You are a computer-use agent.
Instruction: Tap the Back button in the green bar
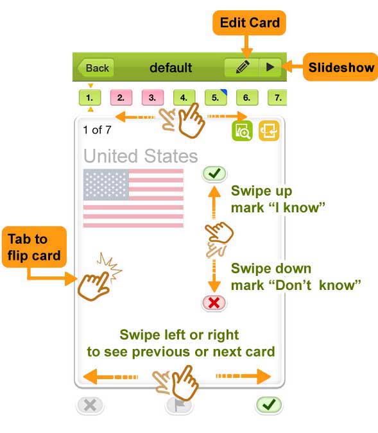tap(96, 67)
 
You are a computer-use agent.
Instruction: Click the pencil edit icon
tap(243, 67)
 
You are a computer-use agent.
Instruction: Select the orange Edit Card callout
tap(249, 22)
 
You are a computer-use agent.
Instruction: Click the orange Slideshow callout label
tap(341, 67)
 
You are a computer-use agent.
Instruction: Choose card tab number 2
tap(121, 98)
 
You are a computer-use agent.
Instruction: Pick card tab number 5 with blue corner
tap(216, 98)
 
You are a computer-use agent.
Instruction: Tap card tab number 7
tap(277, 98)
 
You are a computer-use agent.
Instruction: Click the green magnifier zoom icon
tap(243, 131)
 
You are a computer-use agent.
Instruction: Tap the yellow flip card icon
tap(269, 131)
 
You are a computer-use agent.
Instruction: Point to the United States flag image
tap(133, 198)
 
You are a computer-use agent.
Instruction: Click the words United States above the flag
tap(141, 156)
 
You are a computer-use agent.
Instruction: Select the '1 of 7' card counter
tap(97, 130)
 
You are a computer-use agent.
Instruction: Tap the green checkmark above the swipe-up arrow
tap(214, 174)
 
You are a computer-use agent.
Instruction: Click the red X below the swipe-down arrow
tap(214, 303)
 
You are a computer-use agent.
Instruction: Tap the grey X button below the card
tap(90, 405)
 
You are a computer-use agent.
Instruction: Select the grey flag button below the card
tap(180, 405)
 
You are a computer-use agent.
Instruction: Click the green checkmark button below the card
tap(269, 405)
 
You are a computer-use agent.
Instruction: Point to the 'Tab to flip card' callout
tap(34, 247)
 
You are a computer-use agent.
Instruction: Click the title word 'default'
tap(171, 67)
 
